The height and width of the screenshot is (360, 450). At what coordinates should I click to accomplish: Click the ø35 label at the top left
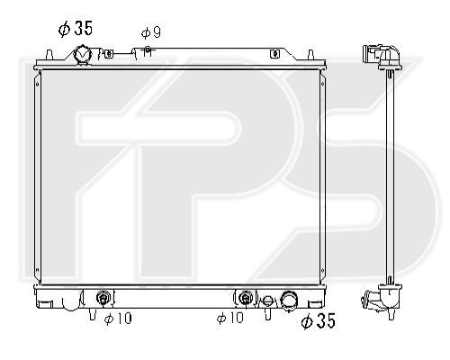(76, 29)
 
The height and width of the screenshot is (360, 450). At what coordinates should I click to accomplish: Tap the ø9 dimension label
(151, 32)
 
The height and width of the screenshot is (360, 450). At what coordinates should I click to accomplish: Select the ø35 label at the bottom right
(318, 320)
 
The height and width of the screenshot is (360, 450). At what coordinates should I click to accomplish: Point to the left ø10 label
(118, 319)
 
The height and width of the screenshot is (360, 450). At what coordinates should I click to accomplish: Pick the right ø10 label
(230, 318)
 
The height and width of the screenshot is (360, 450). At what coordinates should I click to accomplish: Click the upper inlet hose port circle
(83, 54)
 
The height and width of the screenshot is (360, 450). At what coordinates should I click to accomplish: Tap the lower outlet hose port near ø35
(289, 300)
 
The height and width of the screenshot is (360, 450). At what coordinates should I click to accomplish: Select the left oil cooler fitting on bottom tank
(103, 298)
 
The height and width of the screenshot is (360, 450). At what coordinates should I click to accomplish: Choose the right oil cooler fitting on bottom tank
(246, 298)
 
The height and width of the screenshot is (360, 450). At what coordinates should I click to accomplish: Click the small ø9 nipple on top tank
(148, 51)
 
